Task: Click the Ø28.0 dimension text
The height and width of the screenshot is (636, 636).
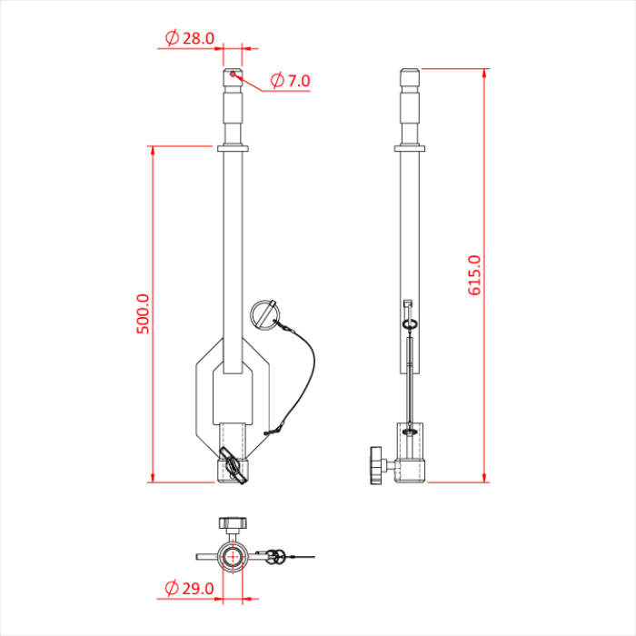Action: pos(190,38)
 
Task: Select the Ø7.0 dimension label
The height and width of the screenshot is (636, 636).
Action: pos(290,81)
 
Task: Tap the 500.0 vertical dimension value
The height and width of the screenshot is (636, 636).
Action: pos(143,313)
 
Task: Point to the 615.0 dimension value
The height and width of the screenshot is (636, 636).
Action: pos(474,275)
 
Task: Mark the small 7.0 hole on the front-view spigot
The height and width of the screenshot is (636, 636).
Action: pos(234,75)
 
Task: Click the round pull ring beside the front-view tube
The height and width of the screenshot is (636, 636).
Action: pos(264,316)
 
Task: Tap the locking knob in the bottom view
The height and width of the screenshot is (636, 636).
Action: pos(233,524)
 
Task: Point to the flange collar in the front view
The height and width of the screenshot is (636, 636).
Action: pos(234,148)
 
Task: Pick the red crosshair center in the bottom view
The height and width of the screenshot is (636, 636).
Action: pos(233,555)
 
